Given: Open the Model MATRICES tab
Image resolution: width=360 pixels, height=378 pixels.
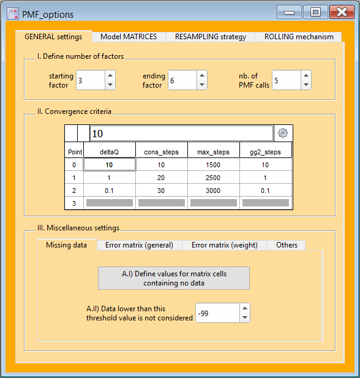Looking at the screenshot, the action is click(129, 37).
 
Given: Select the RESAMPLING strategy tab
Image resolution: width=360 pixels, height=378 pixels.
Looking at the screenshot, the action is click(211, 37).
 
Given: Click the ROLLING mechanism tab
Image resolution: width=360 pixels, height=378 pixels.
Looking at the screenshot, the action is click(299, 37).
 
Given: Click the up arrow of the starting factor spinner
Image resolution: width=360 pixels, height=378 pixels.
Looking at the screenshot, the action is click(110, 75).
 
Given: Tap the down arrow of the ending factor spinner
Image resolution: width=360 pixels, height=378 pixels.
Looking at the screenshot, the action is click(202, 85).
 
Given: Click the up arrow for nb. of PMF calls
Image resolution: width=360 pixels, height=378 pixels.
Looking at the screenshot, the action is click(306, 75).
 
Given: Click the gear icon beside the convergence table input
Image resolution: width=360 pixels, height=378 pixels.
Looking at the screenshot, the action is click(283, 133).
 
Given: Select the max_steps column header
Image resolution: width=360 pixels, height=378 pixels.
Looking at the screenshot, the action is click(213, 152).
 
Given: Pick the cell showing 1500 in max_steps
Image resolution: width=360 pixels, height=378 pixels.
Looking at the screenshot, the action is click(213, 165).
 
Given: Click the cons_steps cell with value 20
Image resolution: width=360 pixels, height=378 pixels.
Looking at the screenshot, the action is click(161, 178).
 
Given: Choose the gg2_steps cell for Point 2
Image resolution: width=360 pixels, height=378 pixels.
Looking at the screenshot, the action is click(265, 191).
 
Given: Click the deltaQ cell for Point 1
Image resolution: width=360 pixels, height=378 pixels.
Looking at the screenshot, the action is click(109, 178).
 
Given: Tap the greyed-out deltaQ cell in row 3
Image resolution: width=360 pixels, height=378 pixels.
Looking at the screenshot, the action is click(110, 203).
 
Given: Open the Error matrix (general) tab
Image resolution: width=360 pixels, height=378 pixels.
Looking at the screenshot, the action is click(139, 245).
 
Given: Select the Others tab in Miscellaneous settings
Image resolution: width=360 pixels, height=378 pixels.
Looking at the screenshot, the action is click(287, 245).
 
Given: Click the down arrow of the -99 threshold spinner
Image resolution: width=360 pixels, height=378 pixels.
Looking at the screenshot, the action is click(245, 317).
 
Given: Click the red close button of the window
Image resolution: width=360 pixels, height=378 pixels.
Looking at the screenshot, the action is click(342, 12).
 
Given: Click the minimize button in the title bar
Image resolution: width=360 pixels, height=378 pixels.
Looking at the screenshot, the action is click(289, 12).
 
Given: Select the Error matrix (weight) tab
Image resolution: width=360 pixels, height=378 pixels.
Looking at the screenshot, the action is click(224, 245).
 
